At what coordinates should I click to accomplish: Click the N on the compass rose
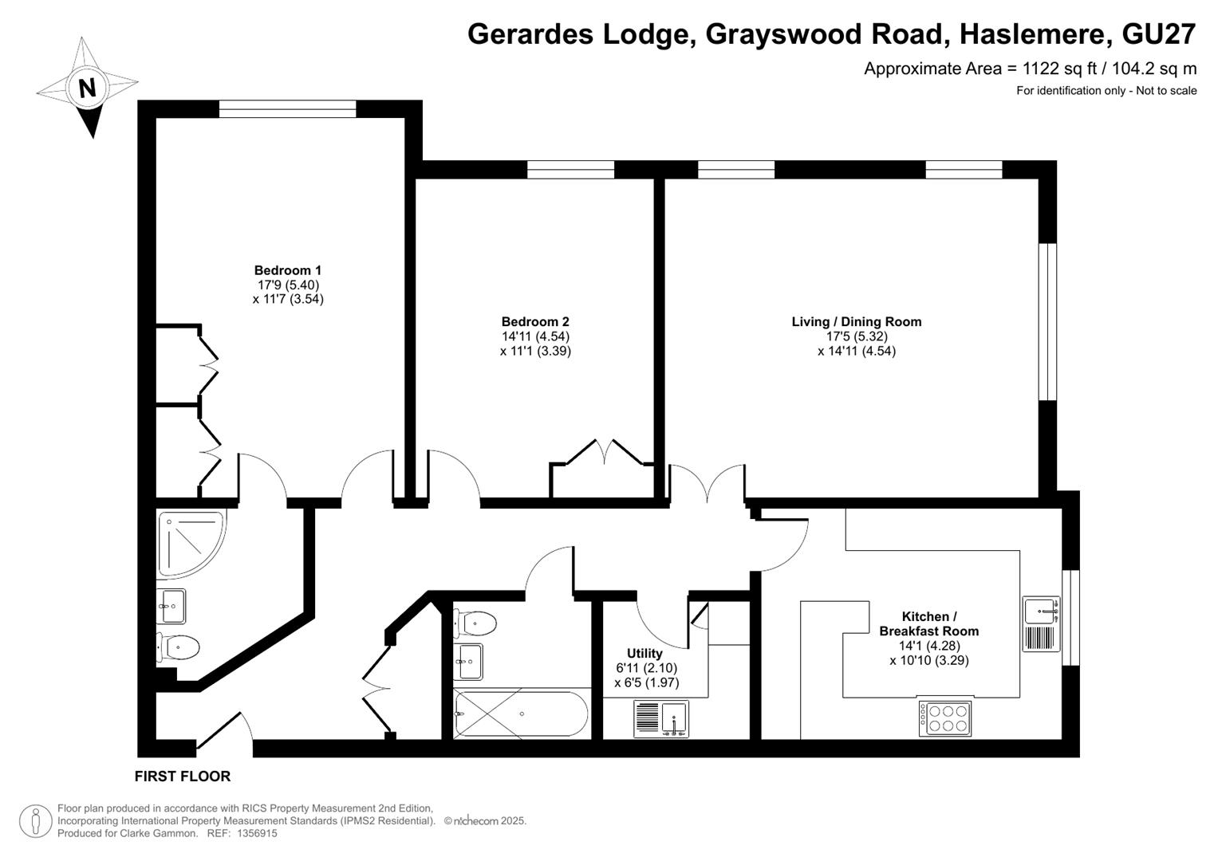click(x=87, y=88)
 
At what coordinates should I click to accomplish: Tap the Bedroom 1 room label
click(x=288, y=270)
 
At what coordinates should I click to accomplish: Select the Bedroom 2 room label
click(x=535, y=322)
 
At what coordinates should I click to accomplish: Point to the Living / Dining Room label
click(x=857, y=322)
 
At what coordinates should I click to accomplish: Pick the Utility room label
click(x=644, y=654)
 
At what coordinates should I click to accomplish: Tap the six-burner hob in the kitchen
click(x=944, y=718)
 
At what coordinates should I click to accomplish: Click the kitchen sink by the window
click(x=1041, y=623)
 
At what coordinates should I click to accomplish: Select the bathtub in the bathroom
click(x=521, y=714)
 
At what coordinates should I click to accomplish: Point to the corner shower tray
click(x=191, y=543)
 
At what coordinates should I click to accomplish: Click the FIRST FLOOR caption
click(x=183, y=776)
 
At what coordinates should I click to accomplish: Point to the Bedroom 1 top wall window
click(x=288, y=108)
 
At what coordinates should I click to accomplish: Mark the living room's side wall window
click(x=1048, y=322)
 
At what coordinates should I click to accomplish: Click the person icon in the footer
click(x=36, y=821)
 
